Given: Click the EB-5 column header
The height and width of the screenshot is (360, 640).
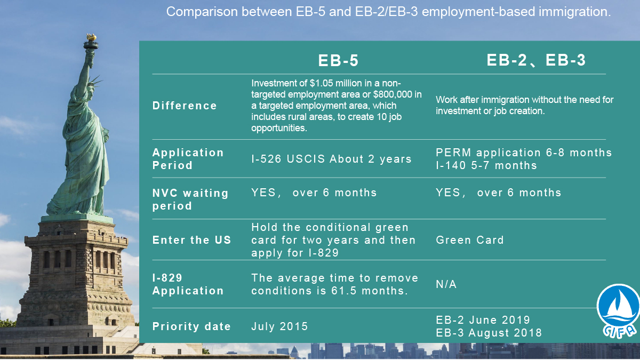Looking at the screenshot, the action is point(338,61).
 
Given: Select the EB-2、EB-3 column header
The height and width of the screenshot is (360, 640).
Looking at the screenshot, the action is point(536,60).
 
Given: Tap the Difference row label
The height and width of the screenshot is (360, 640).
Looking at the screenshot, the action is point(185,106).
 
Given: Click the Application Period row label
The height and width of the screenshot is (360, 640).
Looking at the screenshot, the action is point(188,159).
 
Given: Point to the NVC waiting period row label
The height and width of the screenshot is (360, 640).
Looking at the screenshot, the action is point(190,199).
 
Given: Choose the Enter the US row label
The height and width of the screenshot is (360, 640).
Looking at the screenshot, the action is point(191,240).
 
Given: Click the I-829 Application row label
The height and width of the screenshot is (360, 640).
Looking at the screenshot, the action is point(188,284).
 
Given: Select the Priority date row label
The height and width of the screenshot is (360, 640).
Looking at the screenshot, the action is point(191,326).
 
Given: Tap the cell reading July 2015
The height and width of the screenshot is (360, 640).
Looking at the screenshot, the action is point(279,326).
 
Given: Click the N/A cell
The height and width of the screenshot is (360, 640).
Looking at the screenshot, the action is point(446,284).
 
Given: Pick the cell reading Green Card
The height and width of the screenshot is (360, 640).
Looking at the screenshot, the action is point(470,240).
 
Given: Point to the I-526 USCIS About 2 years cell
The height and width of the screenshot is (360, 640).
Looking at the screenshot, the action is point(331,159).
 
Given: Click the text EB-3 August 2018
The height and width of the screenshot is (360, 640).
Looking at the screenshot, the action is point(489,333).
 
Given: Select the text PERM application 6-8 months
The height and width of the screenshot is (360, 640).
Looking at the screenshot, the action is point(524,153).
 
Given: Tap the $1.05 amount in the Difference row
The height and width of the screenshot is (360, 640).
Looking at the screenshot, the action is point(321,83).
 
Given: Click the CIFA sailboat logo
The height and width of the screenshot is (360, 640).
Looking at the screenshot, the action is point(618,311).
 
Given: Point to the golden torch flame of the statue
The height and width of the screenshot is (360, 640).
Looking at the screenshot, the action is point(91,37).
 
